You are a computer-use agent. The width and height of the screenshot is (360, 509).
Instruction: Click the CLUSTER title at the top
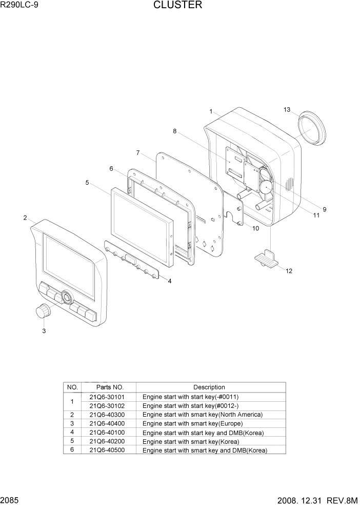click(177, 6)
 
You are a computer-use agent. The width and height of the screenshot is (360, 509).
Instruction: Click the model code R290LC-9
click(19, 6)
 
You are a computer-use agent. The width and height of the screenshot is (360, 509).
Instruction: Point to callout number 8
click(174, 131)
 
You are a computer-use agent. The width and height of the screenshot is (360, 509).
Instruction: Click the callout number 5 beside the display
click(87, 182)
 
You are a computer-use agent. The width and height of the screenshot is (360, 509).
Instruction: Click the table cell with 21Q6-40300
click(106, 415)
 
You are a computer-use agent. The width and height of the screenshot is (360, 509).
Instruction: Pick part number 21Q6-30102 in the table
click(106, 405)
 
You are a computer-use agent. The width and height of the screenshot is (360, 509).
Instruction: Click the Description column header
click(209, 387)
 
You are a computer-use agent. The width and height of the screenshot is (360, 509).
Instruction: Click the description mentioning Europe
click(192, 424)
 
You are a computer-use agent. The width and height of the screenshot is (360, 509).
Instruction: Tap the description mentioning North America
click(202, 415)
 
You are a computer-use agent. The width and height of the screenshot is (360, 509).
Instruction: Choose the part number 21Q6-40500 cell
click(106, 450)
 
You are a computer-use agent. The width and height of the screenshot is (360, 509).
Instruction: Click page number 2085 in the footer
click(11, 499)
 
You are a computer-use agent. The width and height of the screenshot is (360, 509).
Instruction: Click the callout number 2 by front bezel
click(25, 218)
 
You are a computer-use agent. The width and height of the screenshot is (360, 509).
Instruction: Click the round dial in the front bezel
click(67, 297)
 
